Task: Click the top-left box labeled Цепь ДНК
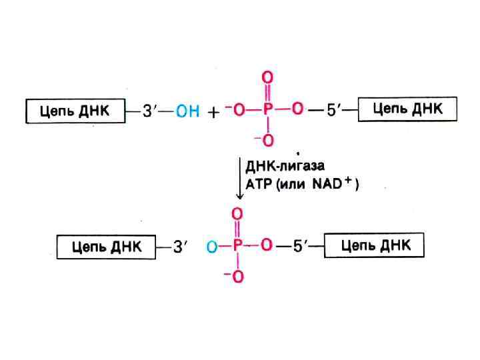tap(76, 111)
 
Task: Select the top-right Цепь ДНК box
tap(408, 109)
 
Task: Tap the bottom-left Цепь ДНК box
tap(107, 247)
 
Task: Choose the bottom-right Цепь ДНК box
tap(373, 245)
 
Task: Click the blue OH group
tap(187, 112)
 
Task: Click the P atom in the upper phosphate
tap(267, 110)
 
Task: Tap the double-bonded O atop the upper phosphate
tap(267, 79)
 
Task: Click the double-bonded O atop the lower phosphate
tap(237, 215)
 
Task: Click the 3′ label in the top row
tap(150, 111)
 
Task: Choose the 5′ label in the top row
tap(334, 110)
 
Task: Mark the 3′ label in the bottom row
tap(181, 247)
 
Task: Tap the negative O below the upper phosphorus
tap(266, 140)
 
